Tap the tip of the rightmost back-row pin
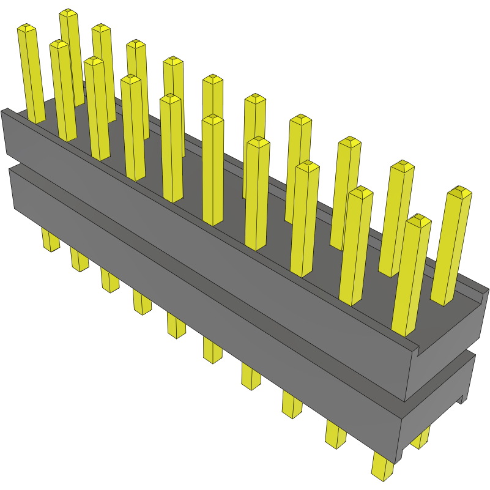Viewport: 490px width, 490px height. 459,191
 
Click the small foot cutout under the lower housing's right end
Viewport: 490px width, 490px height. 461,401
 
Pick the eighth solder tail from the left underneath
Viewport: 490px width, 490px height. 292,404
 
